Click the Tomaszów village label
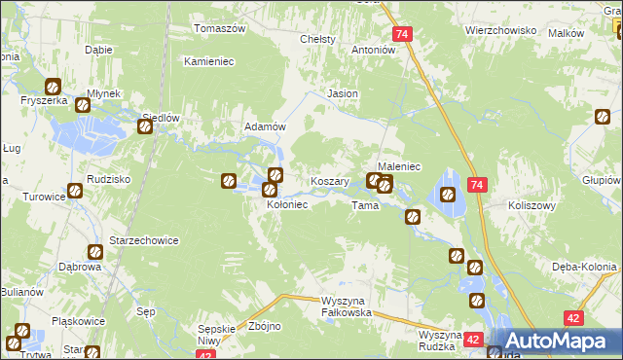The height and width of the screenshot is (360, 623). [x=220, y=28]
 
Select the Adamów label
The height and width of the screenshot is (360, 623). [x=264, y=127]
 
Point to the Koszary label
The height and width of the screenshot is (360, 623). [x=329, y=182]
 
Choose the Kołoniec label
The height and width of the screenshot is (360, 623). [x=287, y=205]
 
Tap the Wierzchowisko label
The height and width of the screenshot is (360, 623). [x=501, y=30]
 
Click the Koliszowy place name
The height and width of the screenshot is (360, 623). [x=531, y=206]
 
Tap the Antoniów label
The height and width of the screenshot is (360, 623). [x=372, y=49]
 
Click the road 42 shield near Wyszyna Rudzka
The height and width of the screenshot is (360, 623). [x=473, y=340]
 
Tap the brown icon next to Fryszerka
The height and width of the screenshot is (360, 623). [x=53, y=86]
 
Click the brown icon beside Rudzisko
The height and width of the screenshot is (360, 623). [x=74, y=191]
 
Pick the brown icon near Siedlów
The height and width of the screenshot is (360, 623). [x=145, y=126]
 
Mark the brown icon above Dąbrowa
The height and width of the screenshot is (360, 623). [x=93, y=251]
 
